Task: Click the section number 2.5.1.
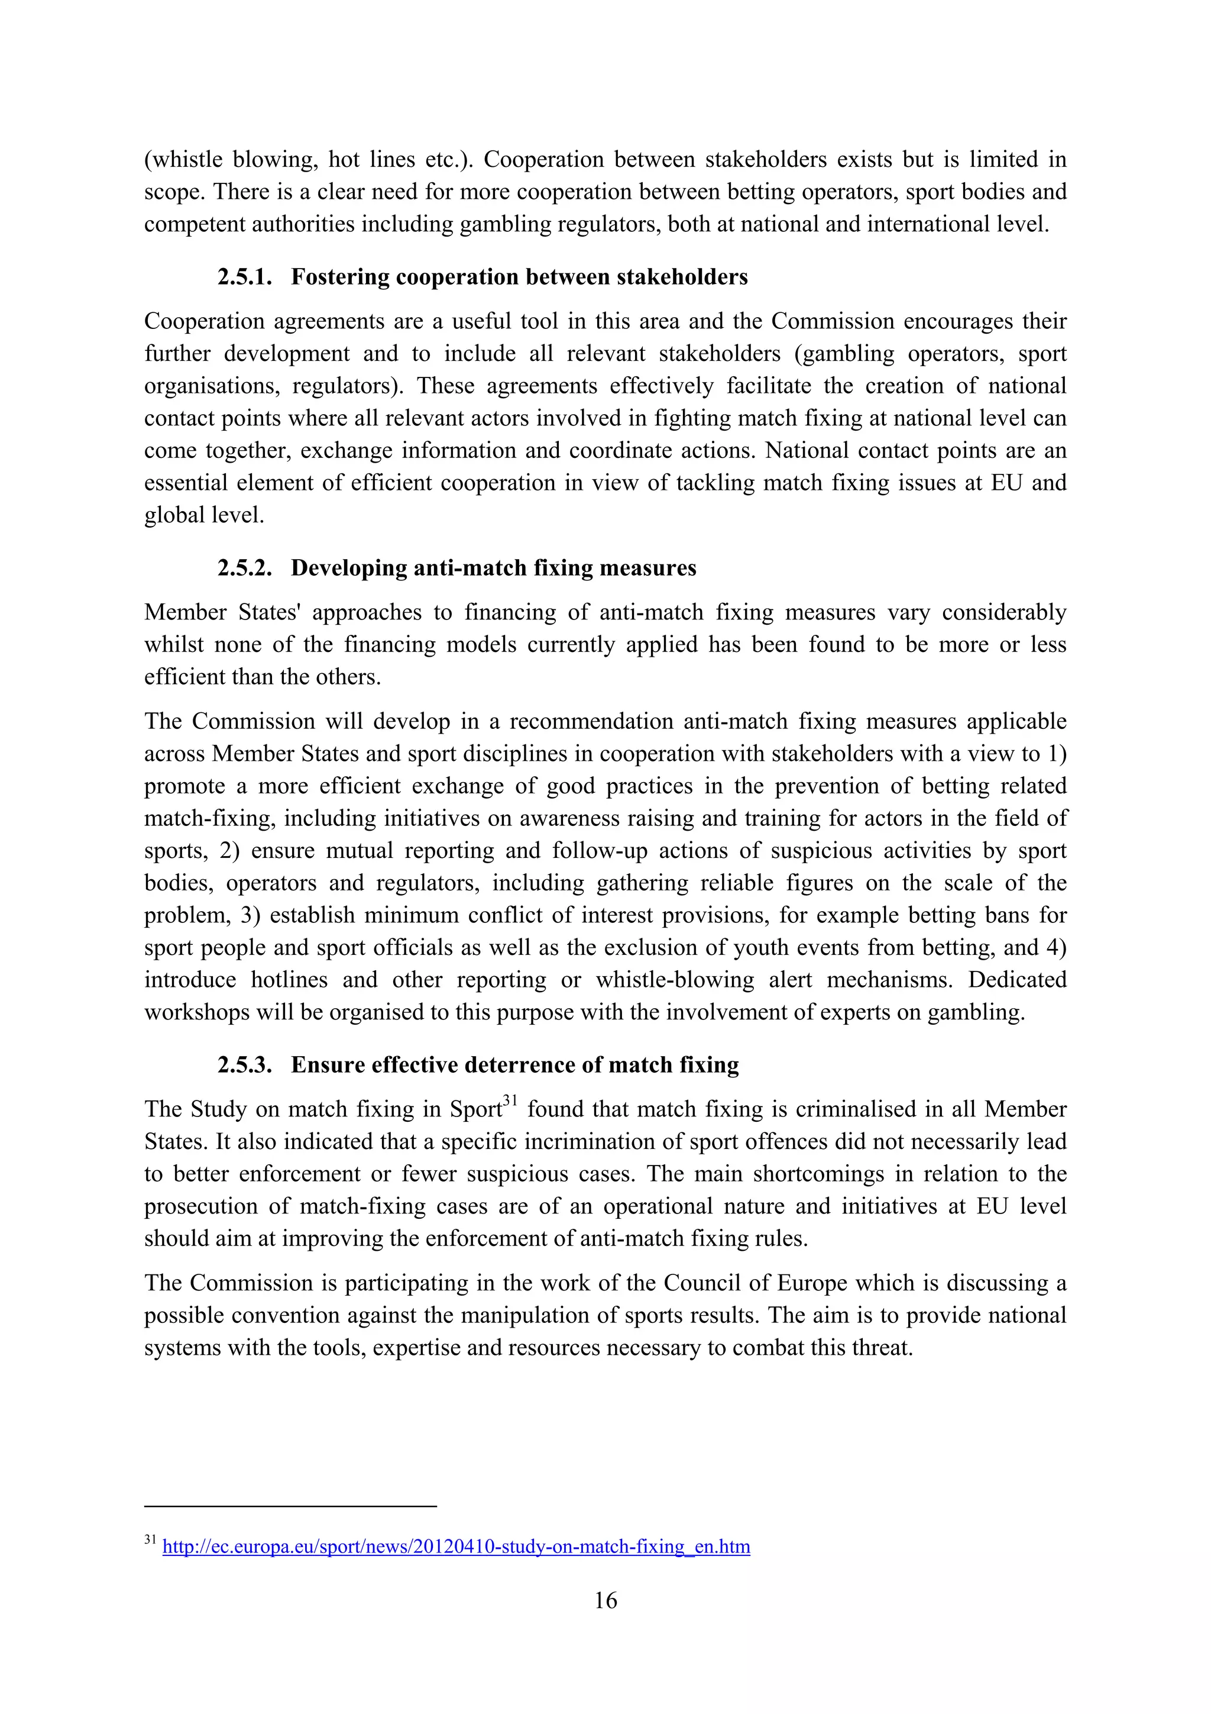click(x=244, y=277)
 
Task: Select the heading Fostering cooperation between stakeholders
click(x=519, y=277)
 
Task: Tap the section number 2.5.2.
click(x=244, y=568)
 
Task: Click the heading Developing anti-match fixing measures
click(x=493, y=568)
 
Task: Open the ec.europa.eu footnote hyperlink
click(x=456, y=1546)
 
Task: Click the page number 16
click(x=605, y=1600)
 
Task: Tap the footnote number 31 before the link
click(x=150, y=1541)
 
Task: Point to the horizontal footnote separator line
click(x=290, y=1506)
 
